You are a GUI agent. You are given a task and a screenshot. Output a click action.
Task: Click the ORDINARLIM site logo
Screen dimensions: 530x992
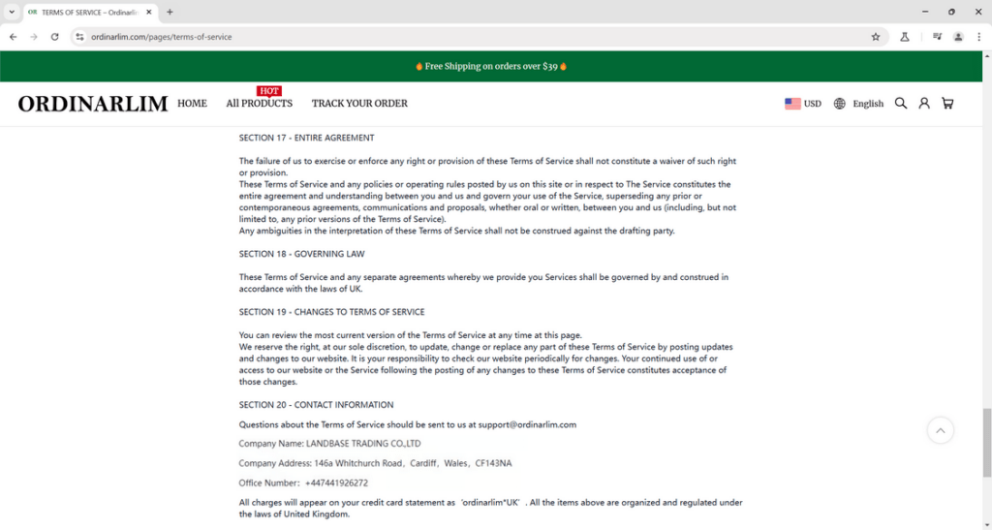coord(93,104)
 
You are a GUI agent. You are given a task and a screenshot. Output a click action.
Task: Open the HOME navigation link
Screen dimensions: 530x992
coord(192,104)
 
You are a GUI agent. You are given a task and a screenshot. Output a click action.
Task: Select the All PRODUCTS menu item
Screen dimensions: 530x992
coord(259,104)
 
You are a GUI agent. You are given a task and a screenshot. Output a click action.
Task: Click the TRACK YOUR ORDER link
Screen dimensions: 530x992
coord(359,104)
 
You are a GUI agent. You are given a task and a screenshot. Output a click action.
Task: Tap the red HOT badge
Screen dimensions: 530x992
coord(269,91)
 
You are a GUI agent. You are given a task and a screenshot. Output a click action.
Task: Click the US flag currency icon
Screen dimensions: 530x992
coord(792,104)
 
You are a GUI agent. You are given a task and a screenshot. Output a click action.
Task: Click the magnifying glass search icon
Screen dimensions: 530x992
coord(901,104)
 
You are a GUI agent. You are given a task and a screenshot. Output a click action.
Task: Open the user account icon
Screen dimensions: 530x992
coord(924,104)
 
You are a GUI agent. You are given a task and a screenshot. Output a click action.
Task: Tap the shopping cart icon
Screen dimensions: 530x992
coord(947,104)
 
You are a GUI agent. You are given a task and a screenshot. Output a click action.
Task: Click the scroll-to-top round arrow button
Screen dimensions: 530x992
coord(941,430)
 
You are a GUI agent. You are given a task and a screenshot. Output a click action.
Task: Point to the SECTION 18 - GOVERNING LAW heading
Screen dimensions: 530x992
coord(302,254)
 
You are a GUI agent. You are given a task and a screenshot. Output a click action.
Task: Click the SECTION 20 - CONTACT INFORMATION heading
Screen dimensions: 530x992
coord(316,405)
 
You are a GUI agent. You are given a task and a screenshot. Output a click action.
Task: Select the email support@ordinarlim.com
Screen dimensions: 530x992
coord(526,424)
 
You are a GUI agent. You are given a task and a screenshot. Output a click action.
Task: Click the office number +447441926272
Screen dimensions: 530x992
coord(336,483)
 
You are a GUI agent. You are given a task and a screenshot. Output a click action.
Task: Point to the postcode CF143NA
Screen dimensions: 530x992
coord(492,463)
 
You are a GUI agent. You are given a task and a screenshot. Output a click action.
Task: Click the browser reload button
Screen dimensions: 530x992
coord(54,37)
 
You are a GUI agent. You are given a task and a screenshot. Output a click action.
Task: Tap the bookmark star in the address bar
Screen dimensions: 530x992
coord(876,37)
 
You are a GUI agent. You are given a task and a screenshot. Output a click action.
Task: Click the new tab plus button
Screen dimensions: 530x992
coord(170,12)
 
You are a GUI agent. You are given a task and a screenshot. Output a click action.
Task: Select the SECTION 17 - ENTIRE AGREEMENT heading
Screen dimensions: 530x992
coord(306,138)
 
